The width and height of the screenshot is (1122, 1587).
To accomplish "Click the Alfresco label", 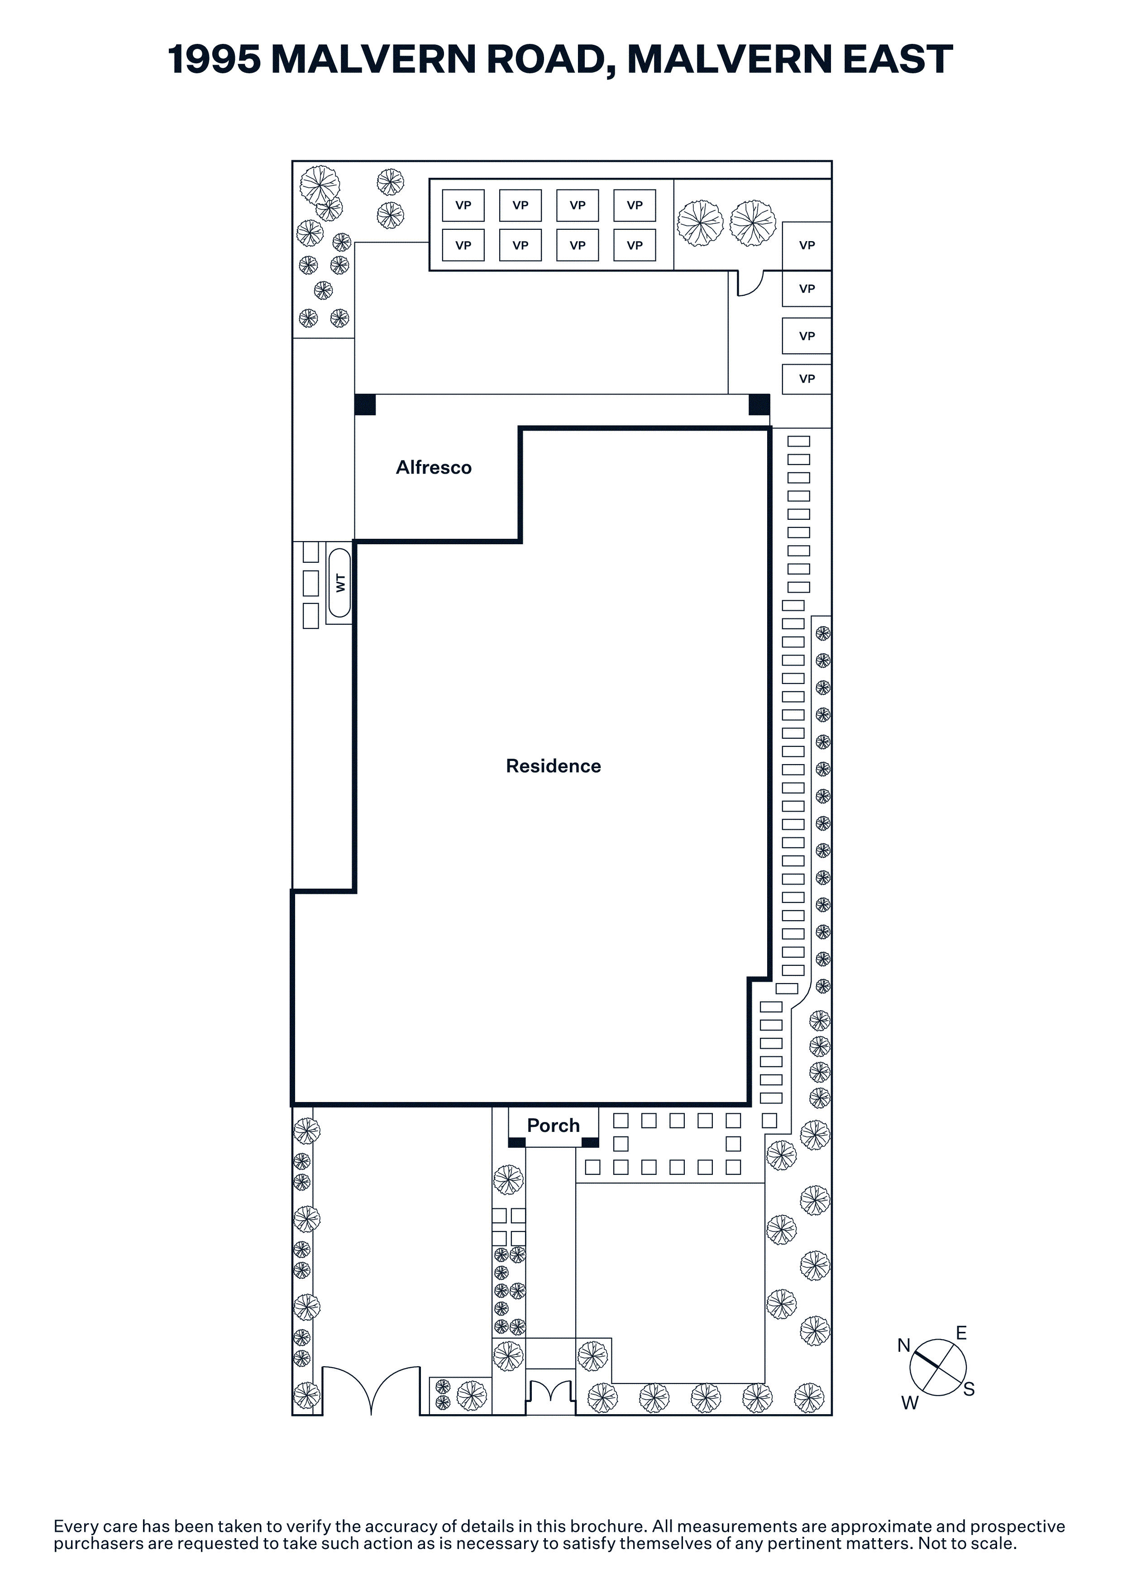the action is click(x=434, y=468).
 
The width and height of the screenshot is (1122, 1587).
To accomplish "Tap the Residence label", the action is click(x=553, y=766).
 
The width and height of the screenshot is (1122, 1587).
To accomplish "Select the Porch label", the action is click(x=553, y=1126).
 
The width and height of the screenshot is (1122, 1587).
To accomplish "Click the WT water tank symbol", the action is click(x=339, y=583).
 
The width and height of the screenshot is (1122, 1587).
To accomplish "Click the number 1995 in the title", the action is click(x=214, y=59).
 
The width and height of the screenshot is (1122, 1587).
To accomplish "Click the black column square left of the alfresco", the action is click(x=365, y=404).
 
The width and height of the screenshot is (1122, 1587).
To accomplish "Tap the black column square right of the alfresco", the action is click(x=759, y=404).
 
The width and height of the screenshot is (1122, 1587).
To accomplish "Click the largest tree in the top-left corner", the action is click(x=320, y=185).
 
